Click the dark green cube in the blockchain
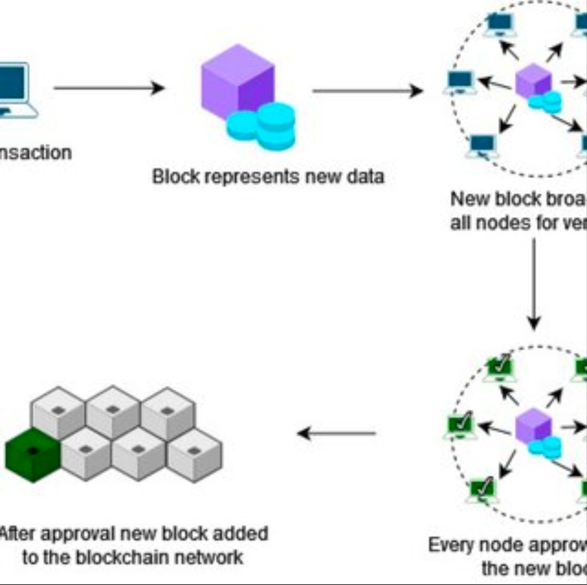tap(33, 455)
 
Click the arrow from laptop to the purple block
tap(109, 88)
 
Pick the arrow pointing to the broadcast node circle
tap(367, 91)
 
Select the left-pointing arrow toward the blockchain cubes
tap(337, 433)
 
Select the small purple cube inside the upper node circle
tap(533, 81)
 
